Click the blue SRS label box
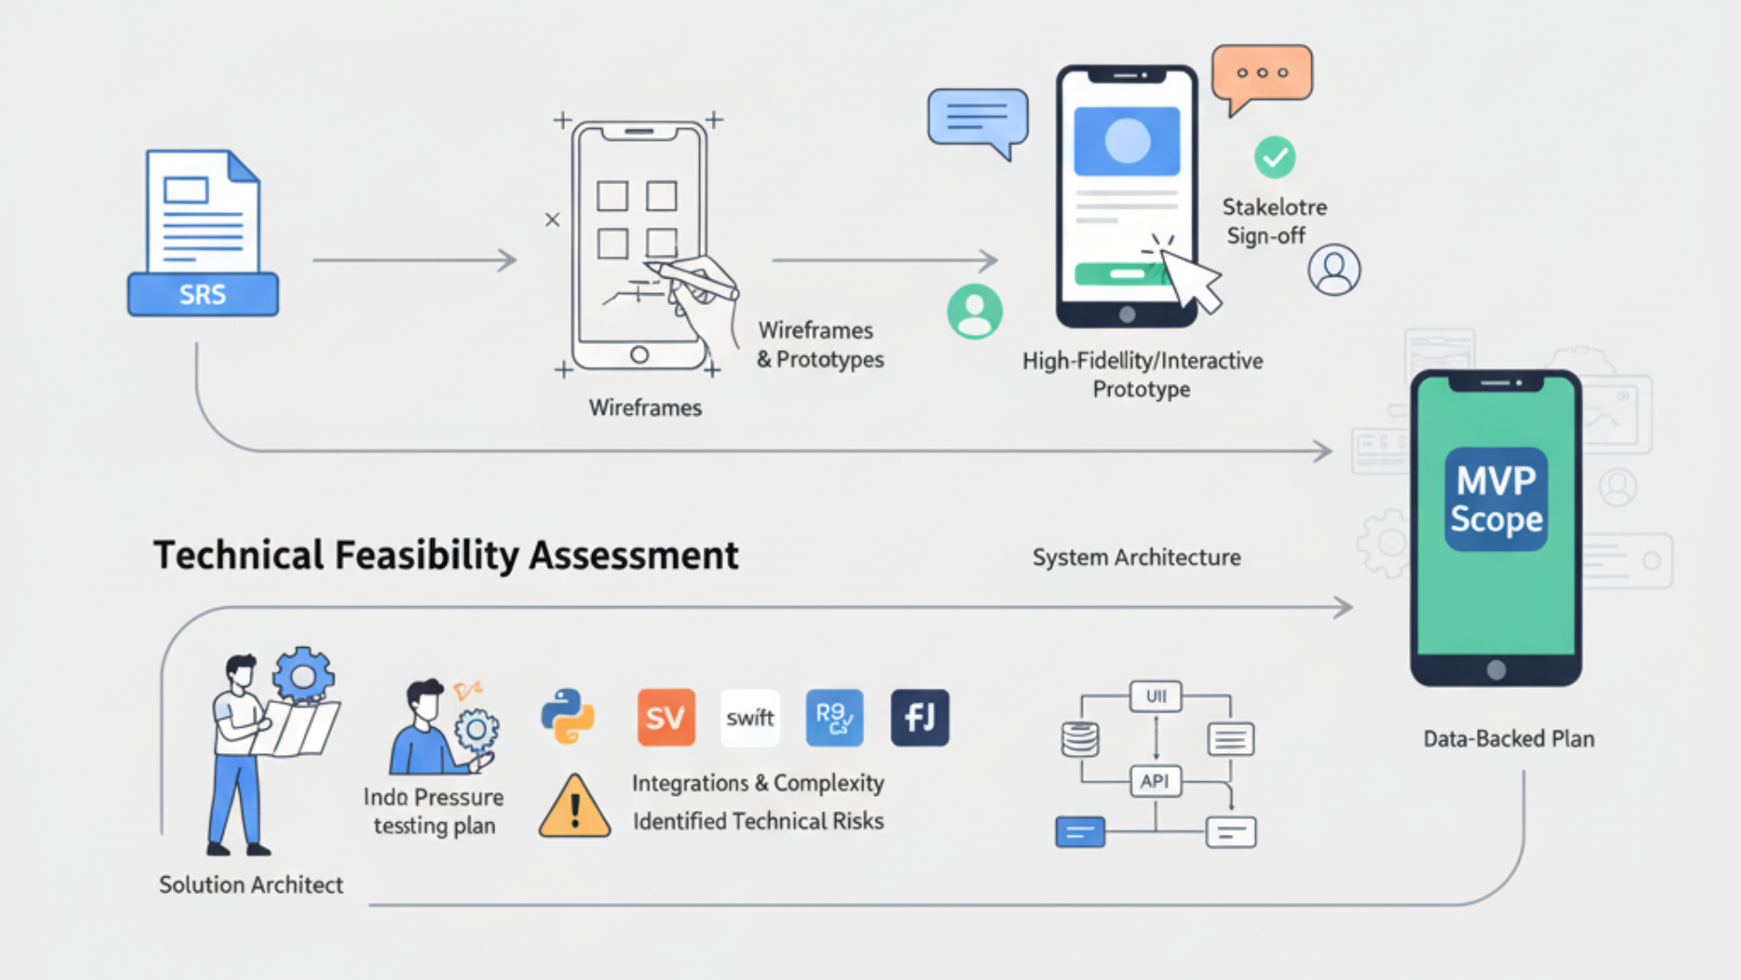coord(202,295)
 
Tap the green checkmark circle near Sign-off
coord(1274,158)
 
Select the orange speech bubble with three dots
coord(1261,73)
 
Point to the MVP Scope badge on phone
coord(1495,499)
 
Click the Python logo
coord(568,717)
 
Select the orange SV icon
coord(666,717)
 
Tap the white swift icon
coord(750,717)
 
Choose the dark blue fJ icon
coord(919,717)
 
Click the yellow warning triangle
coord(574,808)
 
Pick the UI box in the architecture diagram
coord(1155,696)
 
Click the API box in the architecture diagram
coord(1155,780)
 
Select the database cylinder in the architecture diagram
coord(1080,739)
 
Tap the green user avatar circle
coord(975,311)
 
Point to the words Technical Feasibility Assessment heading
coord(446,555)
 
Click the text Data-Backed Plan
coord(1508,739)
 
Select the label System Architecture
coord(1136,557)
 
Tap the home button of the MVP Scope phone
coord(1496,670)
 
